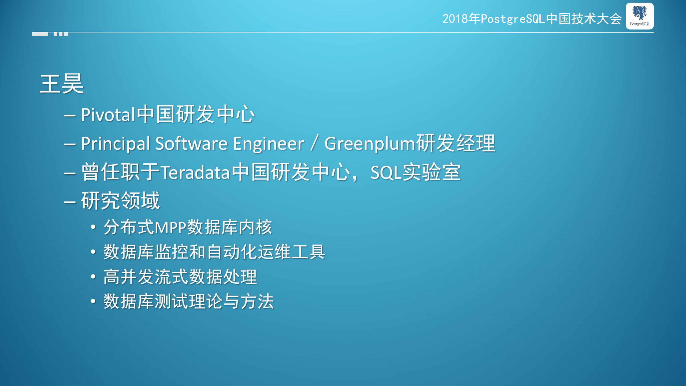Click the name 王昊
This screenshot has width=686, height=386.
(x=62, y=84)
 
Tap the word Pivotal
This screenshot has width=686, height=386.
(x=107, y=115)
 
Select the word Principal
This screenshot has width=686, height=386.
(x=115, y=144)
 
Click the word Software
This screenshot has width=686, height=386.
(x=191, y=144)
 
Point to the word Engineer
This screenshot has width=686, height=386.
(x=268, y=144)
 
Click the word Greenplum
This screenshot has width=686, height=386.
(x=370, y=144)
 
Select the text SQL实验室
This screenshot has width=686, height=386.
(x=415, y=172)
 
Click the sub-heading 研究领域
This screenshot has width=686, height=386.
(x=120, y=201)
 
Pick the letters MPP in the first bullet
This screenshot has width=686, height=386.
(x=170, y=228)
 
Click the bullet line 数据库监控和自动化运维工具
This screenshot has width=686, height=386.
(x=214, y=252)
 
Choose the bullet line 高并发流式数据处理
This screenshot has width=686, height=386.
(x=180, y=277)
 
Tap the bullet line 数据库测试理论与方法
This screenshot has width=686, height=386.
(x=189, y=302)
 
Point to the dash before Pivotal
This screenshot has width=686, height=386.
(x=70, y=116)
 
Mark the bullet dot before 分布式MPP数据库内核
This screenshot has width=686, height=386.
(x=93, y=227)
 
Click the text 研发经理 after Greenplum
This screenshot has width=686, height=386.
(x=456, y=144)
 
